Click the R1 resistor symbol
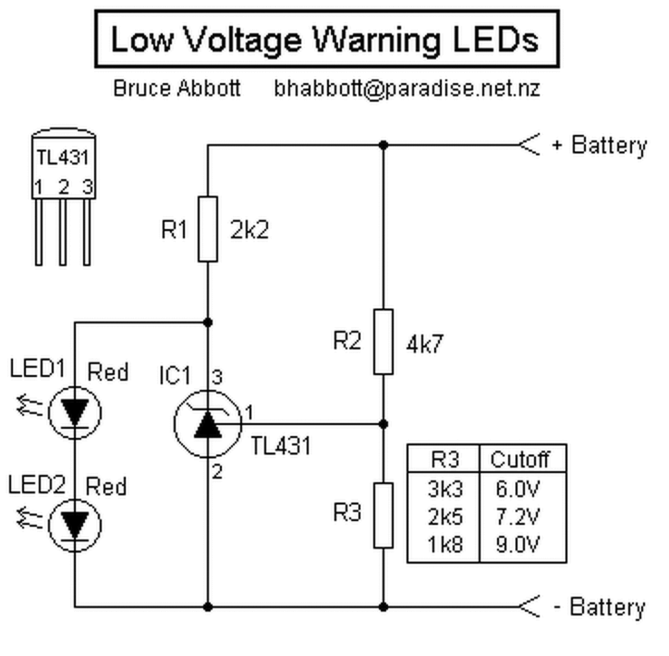tap(208, 229)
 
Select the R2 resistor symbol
tap(383, 341)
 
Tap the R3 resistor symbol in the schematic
tap(383, 515)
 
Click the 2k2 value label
tap(249, 230)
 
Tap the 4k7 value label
tap(425, 345)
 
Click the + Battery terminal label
tap(599, 145)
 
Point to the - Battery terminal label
tap(599, 607)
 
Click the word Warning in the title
tap(376, 40)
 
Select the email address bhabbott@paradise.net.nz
tap(407, 88)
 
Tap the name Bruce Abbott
tap(176, 88)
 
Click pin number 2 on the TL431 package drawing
tap(63, 188)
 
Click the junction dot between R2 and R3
tap(383, 423)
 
